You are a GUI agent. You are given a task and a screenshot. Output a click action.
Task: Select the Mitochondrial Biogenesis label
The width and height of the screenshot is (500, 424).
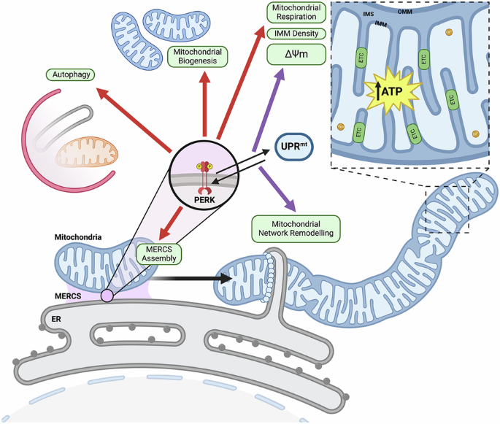coord(198,57)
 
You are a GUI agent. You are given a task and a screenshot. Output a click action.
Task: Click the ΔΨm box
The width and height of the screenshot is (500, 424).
coord(294,54)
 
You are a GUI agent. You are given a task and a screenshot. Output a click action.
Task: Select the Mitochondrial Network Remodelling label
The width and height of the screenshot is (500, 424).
coord(296,228)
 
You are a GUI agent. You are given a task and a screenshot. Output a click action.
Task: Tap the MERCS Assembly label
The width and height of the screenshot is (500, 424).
coord(158,254)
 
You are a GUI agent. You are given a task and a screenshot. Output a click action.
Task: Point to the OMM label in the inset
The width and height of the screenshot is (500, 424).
coord(405,11)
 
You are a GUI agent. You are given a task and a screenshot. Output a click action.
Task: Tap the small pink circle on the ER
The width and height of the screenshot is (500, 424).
coord(107,295)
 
